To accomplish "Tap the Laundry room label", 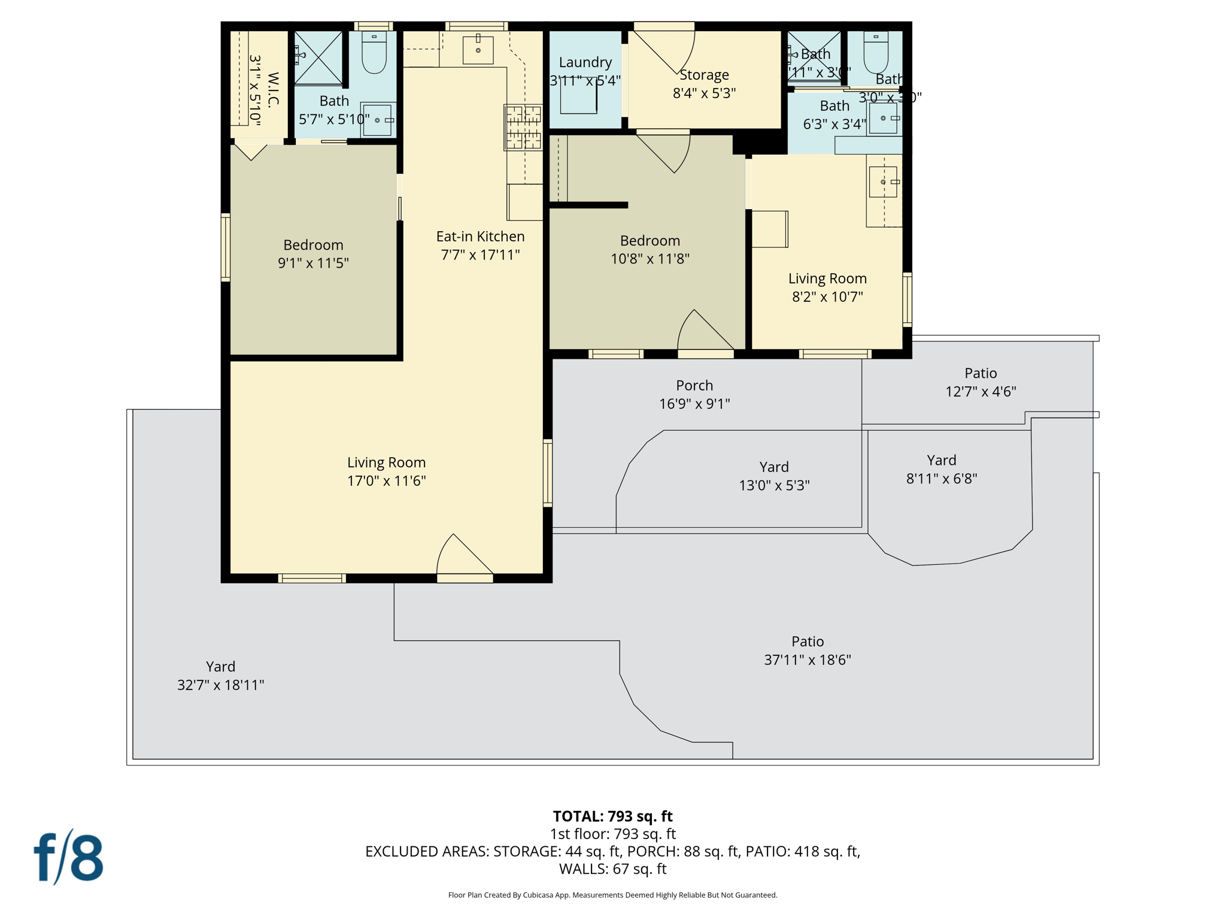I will pyautogui.click(x=585, y=63).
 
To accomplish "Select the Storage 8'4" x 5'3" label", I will pyautogui.click(x=704, y=84).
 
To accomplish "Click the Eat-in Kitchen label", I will pyautogui.click(x=480, y=237).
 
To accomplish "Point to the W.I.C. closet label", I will pyautogui.click(x=272, y=90).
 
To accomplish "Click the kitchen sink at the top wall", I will pyautogui.click(x=478, y=50).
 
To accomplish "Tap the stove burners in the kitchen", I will pyautogui.click(x=523, y=127).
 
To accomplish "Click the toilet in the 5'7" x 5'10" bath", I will pyautogui.click(x=374, y=53).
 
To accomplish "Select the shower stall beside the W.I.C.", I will pyautogui.click(x=318, y=57).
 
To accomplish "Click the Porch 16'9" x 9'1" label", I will pyautogui.click(x=694, y=394).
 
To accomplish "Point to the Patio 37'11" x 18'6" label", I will pyautogui.click(x=807, y=650).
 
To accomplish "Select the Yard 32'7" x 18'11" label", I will pyautogui.click(x=220, y=676).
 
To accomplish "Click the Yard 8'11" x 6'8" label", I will pyautogui.click(x=941, y=469).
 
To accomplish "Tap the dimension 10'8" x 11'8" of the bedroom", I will pyautogui.click(x=650, y=259).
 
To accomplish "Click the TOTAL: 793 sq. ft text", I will pyautogui.click(x=612, y=816).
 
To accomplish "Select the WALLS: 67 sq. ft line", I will pyautogui.click(x=612, y=868).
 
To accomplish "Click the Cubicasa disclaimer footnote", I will pyautogui.click(x=612, y=895).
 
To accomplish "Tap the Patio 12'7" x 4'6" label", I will pyautogui.click(x=980, y=382).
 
